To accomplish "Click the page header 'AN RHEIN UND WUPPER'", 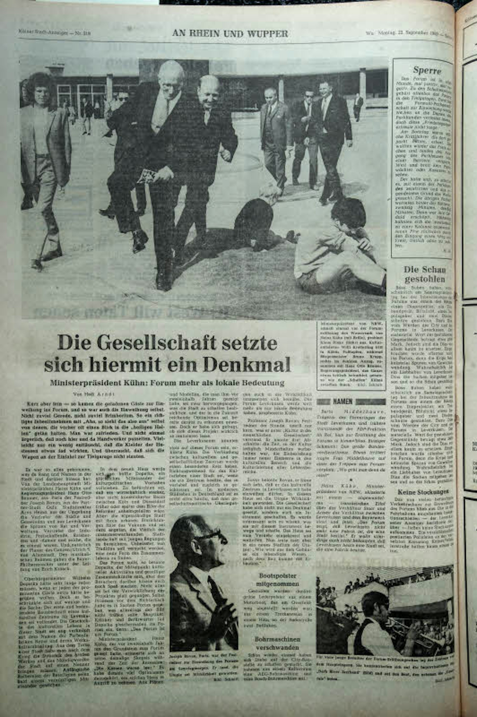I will [230, 33].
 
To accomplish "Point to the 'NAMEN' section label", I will [342, 401].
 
